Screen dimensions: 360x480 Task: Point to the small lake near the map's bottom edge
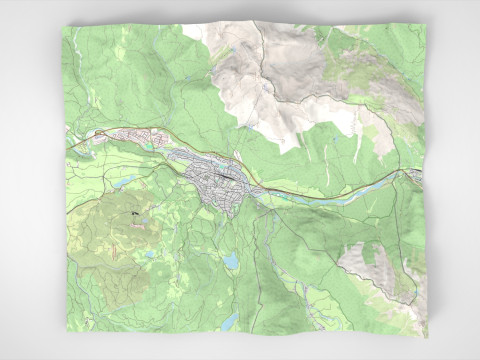point(229,322)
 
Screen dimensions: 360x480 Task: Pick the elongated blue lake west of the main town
point(125,182)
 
